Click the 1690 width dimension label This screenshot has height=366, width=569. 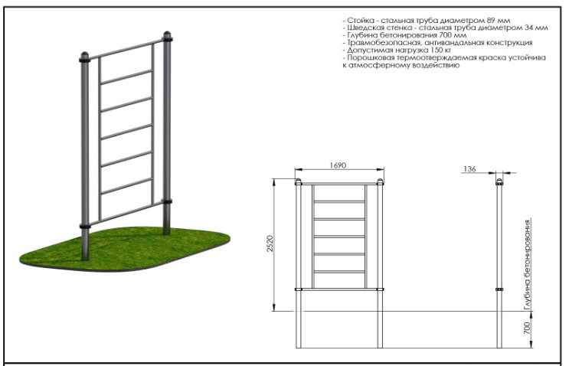(338, 165)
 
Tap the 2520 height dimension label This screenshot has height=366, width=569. (270, 244)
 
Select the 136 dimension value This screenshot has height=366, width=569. (469, 168)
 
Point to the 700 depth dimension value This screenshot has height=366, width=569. (528, 328)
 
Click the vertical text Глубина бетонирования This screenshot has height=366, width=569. (528, 264)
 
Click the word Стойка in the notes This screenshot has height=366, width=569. (361, 21)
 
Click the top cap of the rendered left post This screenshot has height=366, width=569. (84, 55)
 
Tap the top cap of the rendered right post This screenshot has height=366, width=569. (167, 34)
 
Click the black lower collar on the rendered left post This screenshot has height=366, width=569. (85, 227)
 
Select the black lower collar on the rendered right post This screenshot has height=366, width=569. (167, 201)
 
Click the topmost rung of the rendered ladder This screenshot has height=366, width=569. (126, 77)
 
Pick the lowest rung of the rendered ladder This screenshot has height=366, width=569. (126, 186)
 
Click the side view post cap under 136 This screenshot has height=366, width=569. (499, 181)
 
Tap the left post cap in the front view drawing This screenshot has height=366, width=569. (299, 181)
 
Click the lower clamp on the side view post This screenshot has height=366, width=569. (499, 289)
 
